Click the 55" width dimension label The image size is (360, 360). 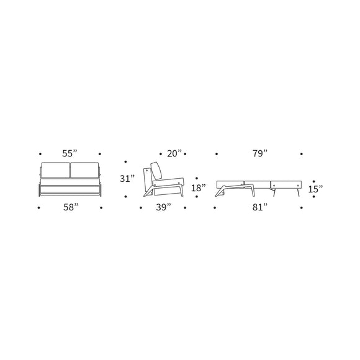point(70,153)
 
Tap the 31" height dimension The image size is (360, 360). point(127,179)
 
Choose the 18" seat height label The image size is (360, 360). point(198,187)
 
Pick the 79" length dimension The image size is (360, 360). point(259,153)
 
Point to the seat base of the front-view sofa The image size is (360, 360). point(70,187)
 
